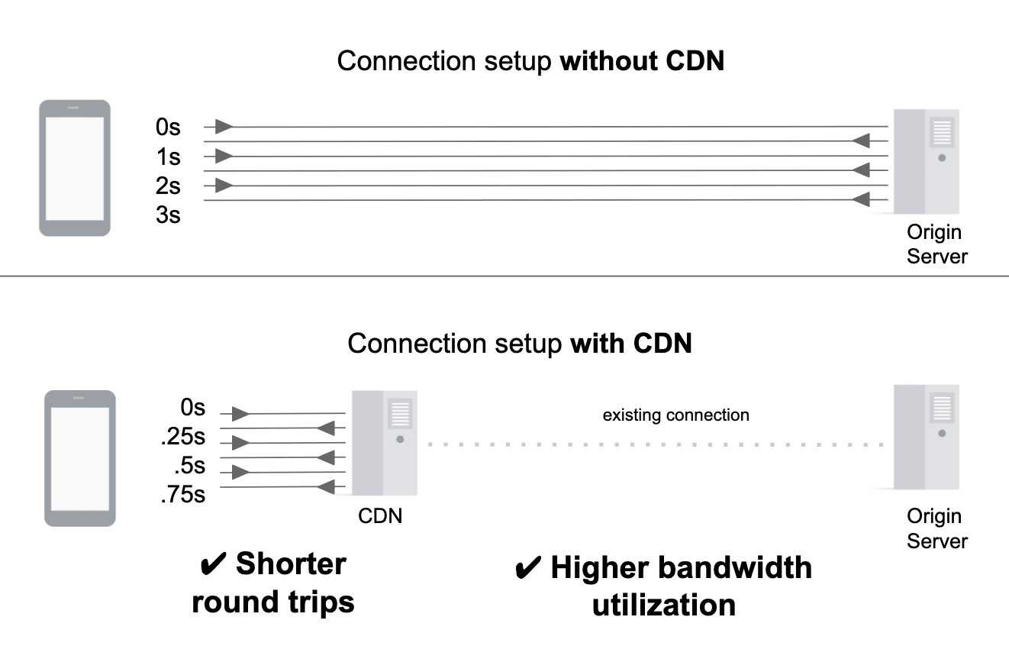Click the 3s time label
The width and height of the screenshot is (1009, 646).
point(168,215)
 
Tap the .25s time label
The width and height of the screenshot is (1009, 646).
point(182,438)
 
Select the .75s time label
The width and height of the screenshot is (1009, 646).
point(182,495)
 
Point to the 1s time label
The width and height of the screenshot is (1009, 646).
point(168,157)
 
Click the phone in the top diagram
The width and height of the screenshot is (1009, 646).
point(75,168)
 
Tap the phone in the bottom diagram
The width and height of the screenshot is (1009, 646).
point(79,458)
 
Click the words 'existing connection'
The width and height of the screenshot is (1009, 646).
point(675,415)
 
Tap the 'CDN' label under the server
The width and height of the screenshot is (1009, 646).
point(380,516)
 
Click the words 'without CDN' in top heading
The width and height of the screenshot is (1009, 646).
point(642,61)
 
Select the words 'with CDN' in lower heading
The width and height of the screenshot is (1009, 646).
point(630,343)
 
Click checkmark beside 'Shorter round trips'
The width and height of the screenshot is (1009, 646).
point(211,566)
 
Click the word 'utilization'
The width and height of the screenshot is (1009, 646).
point(664,606)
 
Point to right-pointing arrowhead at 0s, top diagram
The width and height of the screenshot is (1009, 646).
point(223,127)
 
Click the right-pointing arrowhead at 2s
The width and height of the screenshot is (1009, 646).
point(223,185)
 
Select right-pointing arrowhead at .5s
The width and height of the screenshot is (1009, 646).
point(240,470)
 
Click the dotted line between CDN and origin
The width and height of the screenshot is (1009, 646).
point(656,444)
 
